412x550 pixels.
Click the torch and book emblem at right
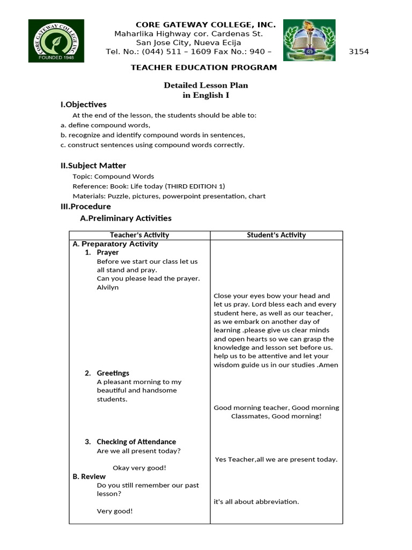(309, 41)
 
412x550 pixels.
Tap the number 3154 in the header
(359, 52)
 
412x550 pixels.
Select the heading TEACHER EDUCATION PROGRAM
(204, 68)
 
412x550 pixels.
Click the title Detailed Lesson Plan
(205, 85)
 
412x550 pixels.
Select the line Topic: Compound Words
(113, 176)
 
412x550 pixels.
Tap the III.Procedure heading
(85, 207)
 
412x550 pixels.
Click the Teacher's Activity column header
(139, 235)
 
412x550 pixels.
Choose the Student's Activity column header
(276, 235)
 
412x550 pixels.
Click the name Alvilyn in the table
(108, 287)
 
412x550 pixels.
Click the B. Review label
(89, 476)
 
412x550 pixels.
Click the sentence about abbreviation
(256, 502)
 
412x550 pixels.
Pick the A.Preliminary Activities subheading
(126, 218)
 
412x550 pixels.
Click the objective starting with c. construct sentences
(152, 145)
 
